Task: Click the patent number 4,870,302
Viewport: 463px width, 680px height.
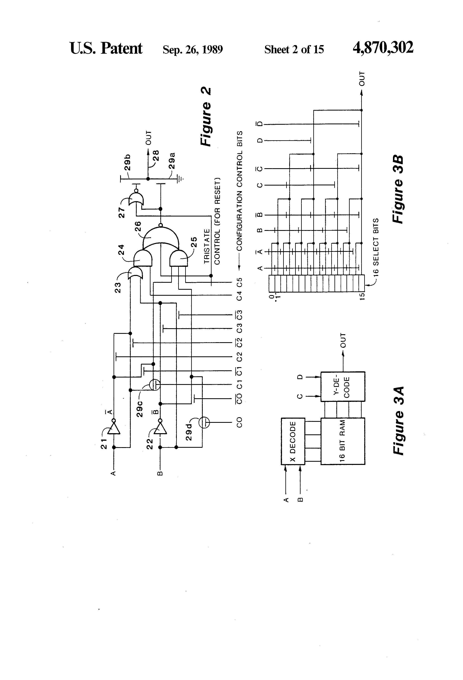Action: pyautogui.click(x=383, y=47)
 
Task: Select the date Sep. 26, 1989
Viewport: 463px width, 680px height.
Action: pyautogui.click(x=193, y=49)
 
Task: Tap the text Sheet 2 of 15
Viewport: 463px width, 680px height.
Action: pyautogui.click(x=294, y=49)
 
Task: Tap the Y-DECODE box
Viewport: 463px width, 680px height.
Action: pyautogui.click(x=343, y=386)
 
